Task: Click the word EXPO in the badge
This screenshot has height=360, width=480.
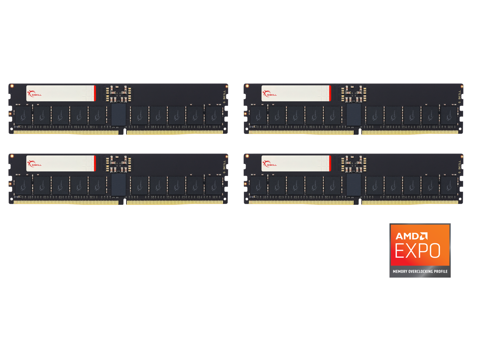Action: point(418,250)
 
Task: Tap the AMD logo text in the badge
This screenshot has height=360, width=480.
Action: point(411,236)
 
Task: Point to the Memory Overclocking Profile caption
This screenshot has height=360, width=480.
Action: point(420,271)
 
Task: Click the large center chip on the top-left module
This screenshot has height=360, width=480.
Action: point(118,114)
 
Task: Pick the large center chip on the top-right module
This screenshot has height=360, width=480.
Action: point(353,114)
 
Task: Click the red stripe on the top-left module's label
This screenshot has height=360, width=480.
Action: point(95,93)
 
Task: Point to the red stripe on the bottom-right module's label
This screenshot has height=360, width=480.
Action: point(330,163)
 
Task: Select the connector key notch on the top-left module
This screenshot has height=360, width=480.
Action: point(125,132)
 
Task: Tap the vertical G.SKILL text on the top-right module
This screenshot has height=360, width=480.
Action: point(460,96)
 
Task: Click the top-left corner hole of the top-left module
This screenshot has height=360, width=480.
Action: point(12,86)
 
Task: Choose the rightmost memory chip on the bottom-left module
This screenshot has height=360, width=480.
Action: point(214,185)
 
